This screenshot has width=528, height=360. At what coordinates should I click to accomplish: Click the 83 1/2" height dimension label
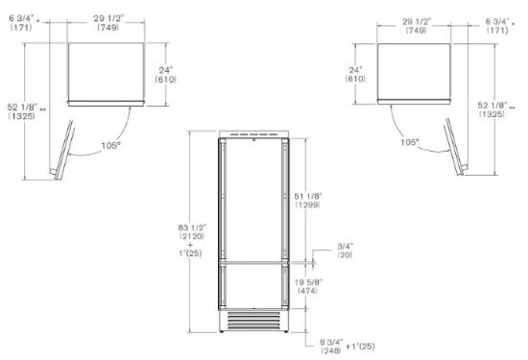[x=191, y=232]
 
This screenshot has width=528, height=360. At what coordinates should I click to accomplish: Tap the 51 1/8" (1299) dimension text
[x=308, y=201]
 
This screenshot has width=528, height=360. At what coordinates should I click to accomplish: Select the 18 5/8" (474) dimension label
[x=308, y=286]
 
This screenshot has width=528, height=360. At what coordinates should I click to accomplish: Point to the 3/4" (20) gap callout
[x=345, y=251]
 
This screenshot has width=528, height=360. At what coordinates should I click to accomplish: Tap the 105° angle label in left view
[x=110, y=146]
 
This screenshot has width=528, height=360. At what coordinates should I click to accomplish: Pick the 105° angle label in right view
[x=410, y=142]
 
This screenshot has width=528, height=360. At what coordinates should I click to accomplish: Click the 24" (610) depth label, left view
[x=166, y=75]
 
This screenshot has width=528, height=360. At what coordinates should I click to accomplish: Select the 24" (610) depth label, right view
[x=355, y=75]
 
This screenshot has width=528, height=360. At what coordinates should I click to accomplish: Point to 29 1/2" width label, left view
[x=108, y=23]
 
